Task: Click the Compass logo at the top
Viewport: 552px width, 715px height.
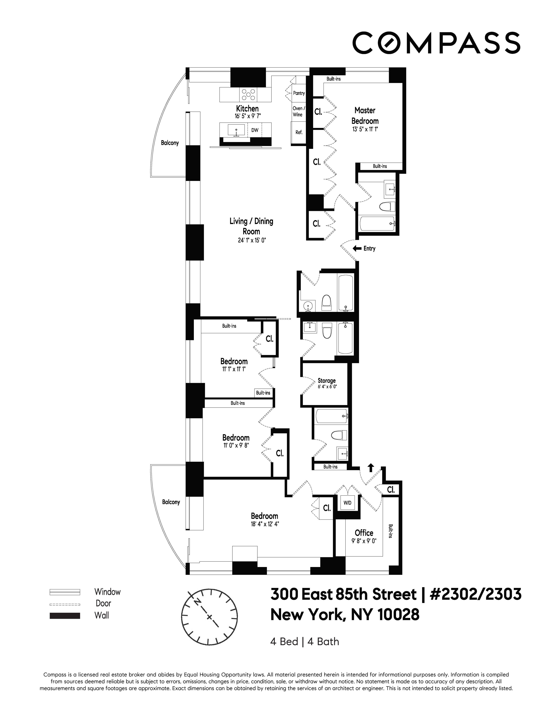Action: [x=436, y=43]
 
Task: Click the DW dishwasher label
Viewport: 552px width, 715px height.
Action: [x=255, y=130]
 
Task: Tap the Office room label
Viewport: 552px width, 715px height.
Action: [x=364, y=533]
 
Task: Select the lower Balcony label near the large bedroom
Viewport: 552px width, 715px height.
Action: [x=171, y=502]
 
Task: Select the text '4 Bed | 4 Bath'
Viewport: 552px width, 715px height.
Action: [x=304, y=642]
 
